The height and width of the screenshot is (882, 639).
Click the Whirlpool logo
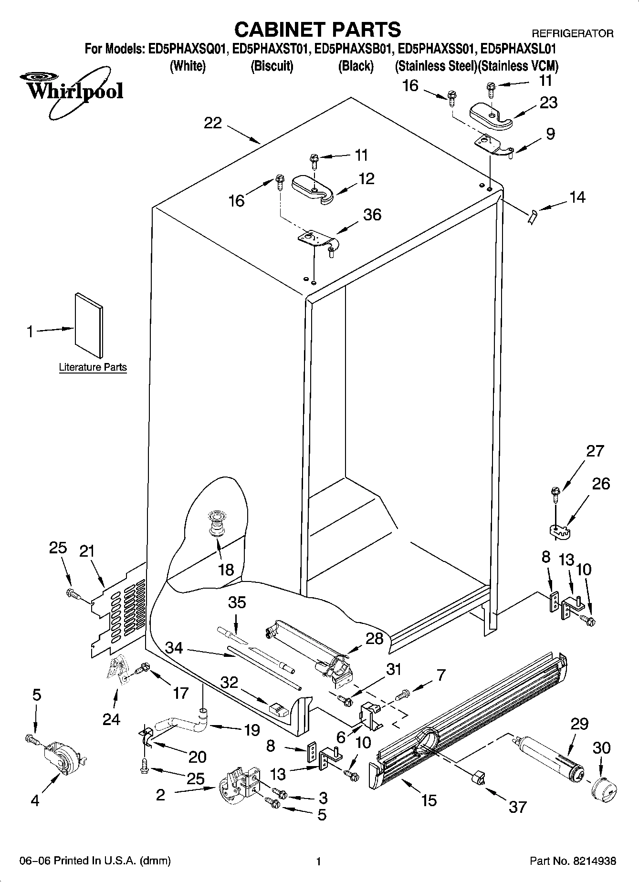tap(72, 91)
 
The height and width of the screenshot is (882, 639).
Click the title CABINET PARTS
tap(317, 29)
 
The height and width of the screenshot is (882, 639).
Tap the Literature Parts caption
tap(93, 367)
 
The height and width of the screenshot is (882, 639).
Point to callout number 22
tap(213, 123)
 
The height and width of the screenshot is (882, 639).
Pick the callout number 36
tap(372, 215)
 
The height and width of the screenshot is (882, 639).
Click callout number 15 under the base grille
tap(429, 800)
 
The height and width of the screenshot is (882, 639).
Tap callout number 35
tap(237, 602)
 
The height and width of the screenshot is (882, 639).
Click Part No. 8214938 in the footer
tap(573, 861)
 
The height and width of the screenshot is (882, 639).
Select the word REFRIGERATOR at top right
tap(572, 33)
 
